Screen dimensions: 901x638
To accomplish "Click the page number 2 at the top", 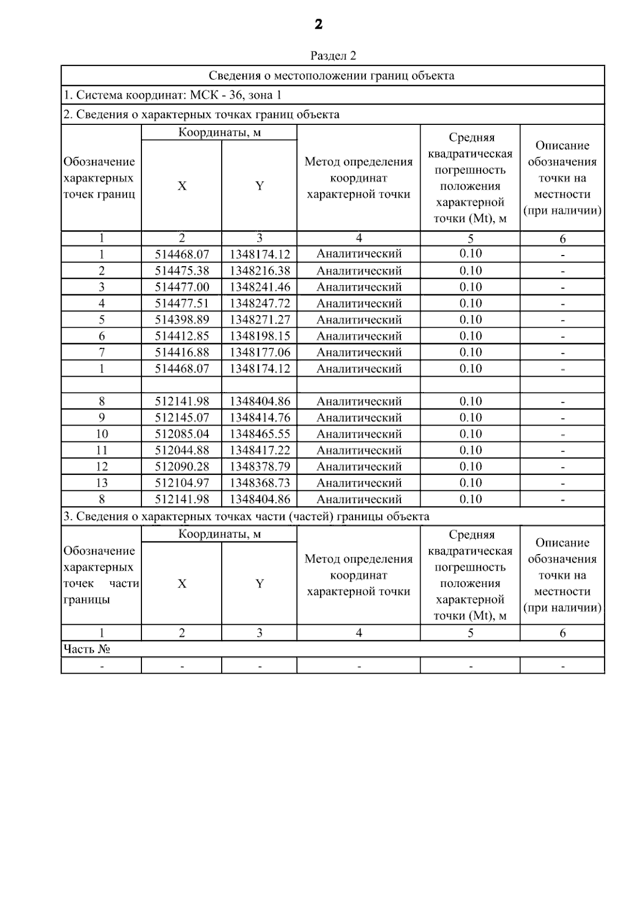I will point(318,24).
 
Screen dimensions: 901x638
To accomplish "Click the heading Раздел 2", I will point(333,56).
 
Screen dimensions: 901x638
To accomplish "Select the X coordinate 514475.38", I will point(182,271).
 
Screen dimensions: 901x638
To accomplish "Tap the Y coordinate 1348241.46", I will point(259,287).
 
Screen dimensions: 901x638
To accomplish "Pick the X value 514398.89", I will point(182,320).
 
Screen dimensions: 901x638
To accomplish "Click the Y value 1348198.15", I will point(259,336).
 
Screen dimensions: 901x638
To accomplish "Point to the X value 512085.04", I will point(182,434).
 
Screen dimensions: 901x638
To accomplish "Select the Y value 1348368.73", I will point(259,483).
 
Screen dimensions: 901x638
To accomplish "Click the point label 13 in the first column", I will point(102,483).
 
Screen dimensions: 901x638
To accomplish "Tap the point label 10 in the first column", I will point(102,434).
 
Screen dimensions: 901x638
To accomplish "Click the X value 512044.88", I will point(182,450).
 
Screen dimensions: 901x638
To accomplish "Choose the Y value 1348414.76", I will point(259,418).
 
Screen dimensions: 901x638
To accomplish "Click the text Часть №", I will point(87,649).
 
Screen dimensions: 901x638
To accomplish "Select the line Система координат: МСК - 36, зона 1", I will point(172,95).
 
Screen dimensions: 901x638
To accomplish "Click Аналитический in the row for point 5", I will point(359,320).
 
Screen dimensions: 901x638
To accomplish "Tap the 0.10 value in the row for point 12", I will point(471,466).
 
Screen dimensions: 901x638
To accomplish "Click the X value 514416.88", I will point(182,352).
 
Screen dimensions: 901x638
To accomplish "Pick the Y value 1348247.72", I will point(259,303).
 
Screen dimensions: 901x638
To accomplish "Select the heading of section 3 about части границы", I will point(246,516).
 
